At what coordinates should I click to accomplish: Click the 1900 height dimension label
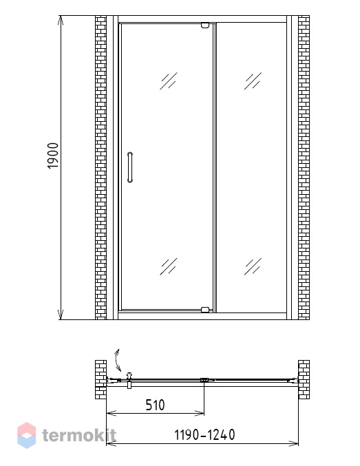tap(53, 156)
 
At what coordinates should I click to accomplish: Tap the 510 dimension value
tap(155, 405)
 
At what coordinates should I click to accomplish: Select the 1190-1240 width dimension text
tap(204, 434)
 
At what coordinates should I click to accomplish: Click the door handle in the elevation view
tap(130, 167)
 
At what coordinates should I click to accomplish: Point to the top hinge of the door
tap(205, 25)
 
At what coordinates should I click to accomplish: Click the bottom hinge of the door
tap(205, 310)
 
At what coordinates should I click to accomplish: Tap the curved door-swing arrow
tap(118, 360)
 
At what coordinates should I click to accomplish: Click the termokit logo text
tap(78, 436)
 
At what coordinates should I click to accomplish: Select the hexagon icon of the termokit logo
tap(26, 435)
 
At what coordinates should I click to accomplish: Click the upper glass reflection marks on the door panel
tap(169, 81)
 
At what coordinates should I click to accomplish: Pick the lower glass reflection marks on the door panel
tap(169, 266)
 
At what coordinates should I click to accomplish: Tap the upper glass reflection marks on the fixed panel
tap(253, 81)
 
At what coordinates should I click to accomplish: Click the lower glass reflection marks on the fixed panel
tap(253, 266)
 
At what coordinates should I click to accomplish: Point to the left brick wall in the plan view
tap(100, 379)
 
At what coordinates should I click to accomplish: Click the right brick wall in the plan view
tap(304, 379)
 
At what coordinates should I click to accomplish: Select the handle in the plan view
tap(129, 380)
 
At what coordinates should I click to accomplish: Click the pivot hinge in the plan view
tap(204, 380)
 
